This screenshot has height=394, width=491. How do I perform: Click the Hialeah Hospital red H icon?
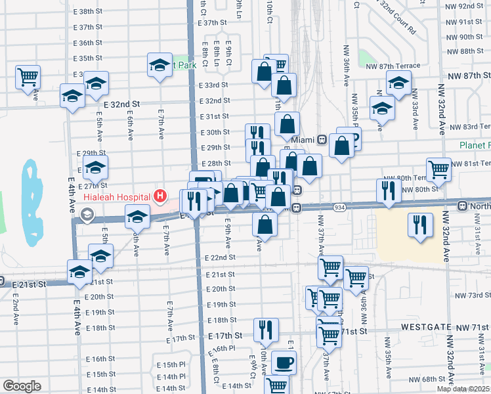159,196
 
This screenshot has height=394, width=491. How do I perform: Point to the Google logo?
21,386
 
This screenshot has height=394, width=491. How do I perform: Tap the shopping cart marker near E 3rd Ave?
28,75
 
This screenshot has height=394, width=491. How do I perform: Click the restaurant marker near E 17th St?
266,328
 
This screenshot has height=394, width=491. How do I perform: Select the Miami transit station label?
304,139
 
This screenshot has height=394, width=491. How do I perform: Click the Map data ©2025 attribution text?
463,389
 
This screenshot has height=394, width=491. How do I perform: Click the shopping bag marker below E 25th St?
264,225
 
